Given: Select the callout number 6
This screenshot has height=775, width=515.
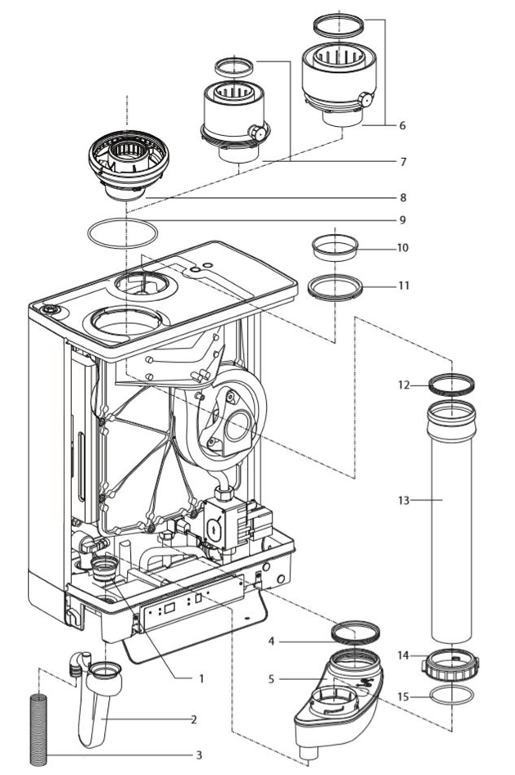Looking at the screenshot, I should click(x=402, y=126).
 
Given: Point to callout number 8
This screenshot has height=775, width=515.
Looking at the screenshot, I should click(x=402, y=197).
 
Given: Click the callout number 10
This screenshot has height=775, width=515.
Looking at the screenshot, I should click(x=402, y=247).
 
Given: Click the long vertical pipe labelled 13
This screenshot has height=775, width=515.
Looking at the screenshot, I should click(x=451, y=524).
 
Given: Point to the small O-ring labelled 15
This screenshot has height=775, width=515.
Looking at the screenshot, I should click(x=452, y=696).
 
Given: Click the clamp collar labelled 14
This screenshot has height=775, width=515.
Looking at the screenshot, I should click(x=450, y=664).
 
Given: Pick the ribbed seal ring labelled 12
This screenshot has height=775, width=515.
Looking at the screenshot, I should click(x=452, y=383).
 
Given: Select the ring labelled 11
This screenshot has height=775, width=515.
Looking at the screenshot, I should click(x=335, y=287).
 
